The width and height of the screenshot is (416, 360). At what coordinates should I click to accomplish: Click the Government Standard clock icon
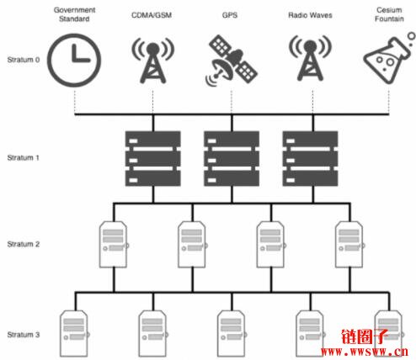[x=74, y=61]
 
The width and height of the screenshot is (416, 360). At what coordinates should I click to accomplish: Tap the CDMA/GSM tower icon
[x=153, y=61]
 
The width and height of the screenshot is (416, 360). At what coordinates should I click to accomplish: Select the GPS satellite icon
[x=232, y=61]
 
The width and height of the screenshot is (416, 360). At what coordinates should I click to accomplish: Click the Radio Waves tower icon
[x=310, y=58]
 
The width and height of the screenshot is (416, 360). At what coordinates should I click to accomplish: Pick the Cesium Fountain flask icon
[x=389, y=58]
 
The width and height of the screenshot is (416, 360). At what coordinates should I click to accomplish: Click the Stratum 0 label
[x=24, y=60]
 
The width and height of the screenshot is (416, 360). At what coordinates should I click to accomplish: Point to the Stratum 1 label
[x=23, y=158]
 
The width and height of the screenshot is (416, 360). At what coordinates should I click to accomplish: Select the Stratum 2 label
[x=24, y=244]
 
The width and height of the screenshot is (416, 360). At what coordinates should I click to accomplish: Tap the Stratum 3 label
[x=24, y=335]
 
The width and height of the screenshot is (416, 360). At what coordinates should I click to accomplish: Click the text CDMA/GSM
[x=152, y=15]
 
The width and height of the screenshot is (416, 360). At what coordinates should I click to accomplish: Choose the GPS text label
[x=230, y=15]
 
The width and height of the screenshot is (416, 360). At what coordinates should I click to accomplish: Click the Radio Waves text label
[x=310, y=15]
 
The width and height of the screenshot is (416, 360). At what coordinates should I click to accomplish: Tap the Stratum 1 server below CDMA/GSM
[x=153, y=159]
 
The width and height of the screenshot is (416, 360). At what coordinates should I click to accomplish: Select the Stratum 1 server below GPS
[x=232, y=159]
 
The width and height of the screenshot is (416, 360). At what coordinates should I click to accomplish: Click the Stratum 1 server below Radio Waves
[x=310, y=159]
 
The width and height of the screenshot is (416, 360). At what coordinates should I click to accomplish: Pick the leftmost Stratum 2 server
[x=114, y=245]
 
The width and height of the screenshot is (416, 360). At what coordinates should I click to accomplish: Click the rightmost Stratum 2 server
[x=349, y=245]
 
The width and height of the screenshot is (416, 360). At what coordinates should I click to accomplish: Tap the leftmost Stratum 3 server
[x=74, y=334]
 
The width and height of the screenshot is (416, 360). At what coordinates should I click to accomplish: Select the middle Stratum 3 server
[x=232, y=334]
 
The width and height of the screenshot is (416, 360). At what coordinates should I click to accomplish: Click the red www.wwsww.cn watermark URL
[x=365, y=352]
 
